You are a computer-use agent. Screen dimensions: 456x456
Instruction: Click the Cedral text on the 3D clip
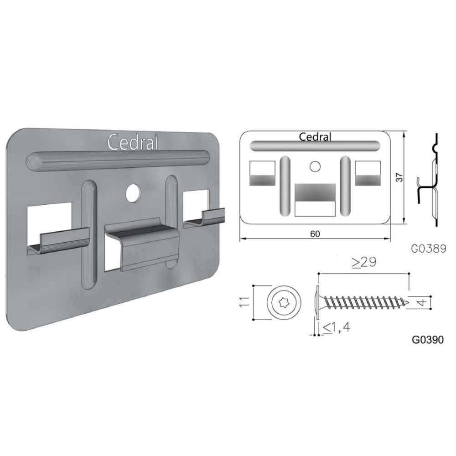click(133, 142)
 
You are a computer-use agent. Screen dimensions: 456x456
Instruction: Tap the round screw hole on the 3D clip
click(133, 192)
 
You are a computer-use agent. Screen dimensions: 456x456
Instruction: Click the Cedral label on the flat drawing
click(315, 137)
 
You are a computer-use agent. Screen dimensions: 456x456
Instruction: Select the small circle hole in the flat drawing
click(315, 166)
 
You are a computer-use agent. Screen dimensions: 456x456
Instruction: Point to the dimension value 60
click(315, 234)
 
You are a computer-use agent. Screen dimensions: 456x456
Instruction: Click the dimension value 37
click(400, 177)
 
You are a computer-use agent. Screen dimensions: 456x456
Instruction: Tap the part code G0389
click(429, 249)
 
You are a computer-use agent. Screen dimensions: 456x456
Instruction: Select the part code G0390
click(428, 339)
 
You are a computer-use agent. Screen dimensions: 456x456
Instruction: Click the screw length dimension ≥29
click(364, 262)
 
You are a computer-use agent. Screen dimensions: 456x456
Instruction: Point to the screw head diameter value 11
click(244, 302)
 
